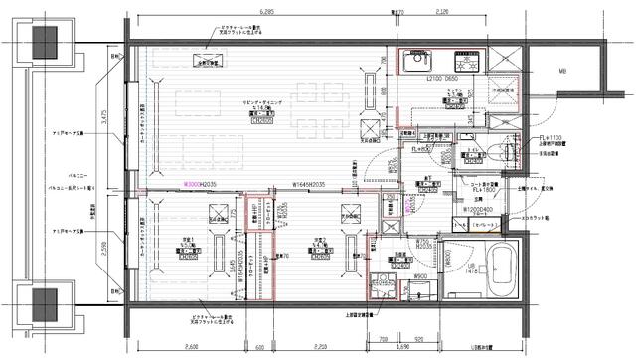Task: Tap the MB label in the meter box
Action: click(561, 73)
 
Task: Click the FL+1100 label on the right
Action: click(552, 138)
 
